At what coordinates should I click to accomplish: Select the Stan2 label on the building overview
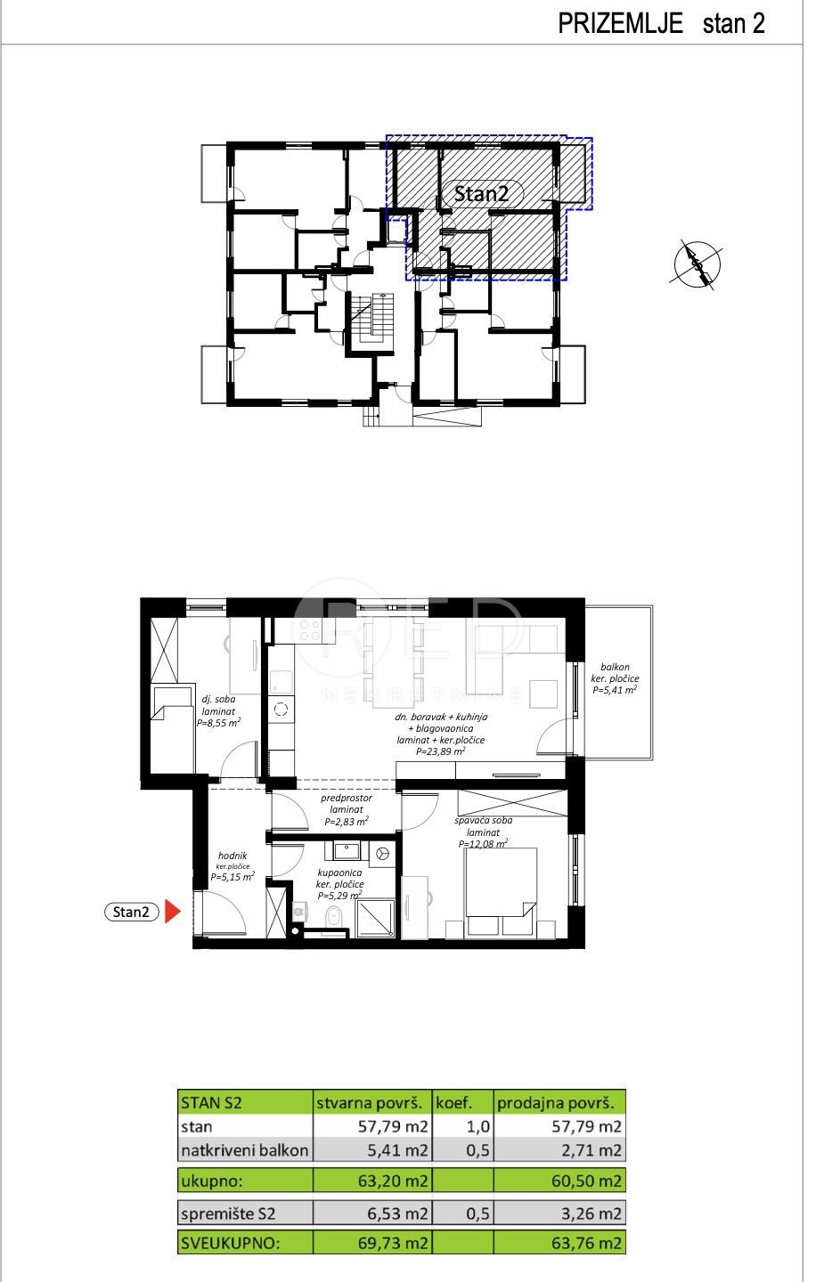pos(481,193)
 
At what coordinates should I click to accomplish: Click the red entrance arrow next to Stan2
pos(175,912)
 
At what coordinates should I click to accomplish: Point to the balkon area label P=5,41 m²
pos(615,689)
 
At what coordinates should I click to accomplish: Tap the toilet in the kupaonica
pos(334,917)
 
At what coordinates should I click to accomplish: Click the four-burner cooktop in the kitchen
pos(311,630)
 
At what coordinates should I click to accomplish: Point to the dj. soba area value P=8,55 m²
pos(218,723)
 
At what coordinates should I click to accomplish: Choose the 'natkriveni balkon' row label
pos(244,1150)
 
